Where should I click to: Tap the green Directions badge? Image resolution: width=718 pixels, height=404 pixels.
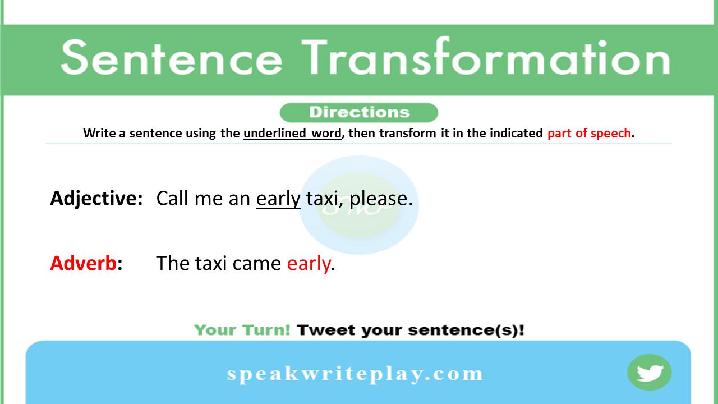coord(358,112)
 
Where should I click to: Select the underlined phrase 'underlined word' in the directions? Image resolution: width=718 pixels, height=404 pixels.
coord(292,134)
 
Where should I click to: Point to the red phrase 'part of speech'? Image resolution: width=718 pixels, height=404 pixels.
coord(589,134)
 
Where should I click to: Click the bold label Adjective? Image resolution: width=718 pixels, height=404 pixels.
coord(96,199)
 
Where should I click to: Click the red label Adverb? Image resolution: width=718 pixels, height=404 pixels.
coord(83,263)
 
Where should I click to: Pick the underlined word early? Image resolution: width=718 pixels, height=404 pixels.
coord(278,199)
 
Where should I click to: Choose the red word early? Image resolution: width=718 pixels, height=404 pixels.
coord(309,264)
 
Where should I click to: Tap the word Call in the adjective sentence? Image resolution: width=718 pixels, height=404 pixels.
coord(172,199)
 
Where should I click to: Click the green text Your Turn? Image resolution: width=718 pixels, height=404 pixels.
coord(242,330)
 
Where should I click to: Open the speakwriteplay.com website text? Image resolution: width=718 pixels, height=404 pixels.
coord(355,374)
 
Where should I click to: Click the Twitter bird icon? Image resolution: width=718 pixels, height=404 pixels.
coord(650,373)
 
